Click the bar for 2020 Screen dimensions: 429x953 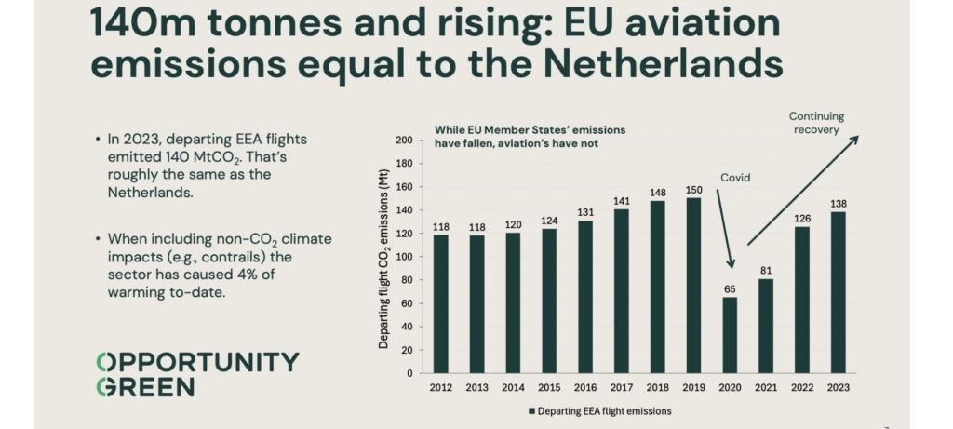pos(730,335)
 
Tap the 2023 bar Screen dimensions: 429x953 pos(838,292)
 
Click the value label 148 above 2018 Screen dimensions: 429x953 pos(657,193)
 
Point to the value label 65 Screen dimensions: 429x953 pos(730,289)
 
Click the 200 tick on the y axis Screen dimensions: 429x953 pos(404,141)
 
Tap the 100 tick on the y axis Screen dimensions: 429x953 pos(404,257)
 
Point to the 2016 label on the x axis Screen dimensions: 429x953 pos(585,387)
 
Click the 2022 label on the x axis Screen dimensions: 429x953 pos(801,387)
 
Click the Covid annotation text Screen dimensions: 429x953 pos(734,178)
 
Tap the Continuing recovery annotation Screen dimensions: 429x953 pos(816,123)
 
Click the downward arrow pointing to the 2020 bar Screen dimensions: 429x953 pos(725,229)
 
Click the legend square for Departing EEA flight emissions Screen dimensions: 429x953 pos(532,410)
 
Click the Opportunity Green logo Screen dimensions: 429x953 pos(197,374)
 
